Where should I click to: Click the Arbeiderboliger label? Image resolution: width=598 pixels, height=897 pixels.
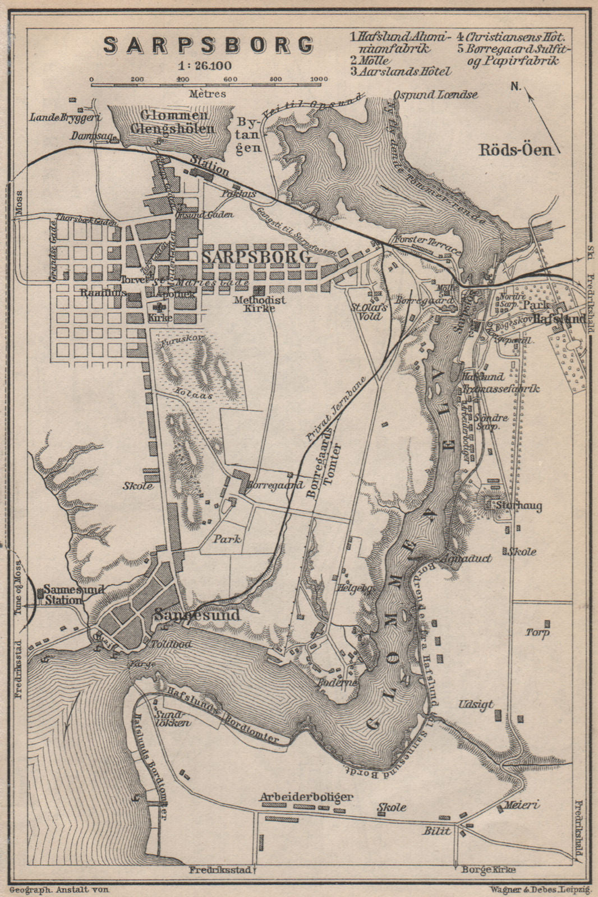pyautogui.click(x=306, y=796)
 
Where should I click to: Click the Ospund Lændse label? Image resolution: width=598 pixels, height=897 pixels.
pyautogui.click(x=435, y=95)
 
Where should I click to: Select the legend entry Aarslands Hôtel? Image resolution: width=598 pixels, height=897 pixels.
pyautogui.click(x=401, y=71)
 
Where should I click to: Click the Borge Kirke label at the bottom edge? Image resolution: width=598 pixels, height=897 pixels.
pyautogui.click(x=487, y=870)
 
